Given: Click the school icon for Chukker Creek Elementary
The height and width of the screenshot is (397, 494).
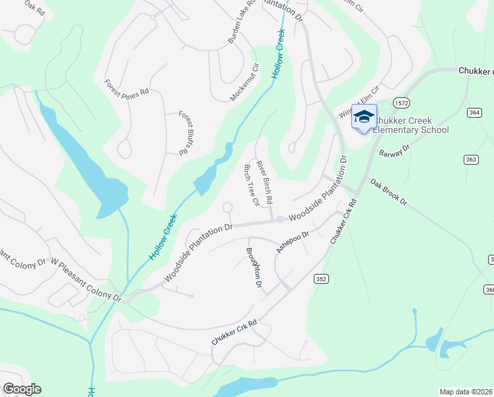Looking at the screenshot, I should [363, 117].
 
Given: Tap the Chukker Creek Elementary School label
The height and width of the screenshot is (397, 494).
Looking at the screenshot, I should [409, 125].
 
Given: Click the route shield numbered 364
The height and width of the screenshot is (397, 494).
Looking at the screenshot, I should [474, 113].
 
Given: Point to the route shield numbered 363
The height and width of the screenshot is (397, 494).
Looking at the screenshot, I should [471, 159].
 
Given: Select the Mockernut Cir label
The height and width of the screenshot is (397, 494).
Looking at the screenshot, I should [244, 82].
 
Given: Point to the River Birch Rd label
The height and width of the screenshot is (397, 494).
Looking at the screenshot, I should [265, 181].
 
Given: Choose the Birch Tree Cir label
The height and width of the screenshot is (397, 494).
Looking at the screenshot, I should [250, 185].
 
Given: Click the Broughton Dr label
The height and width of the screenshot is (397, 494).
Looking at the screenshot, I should [254, 267].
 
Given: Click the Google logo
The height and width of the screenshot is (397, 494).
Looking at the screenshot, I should [22, 389].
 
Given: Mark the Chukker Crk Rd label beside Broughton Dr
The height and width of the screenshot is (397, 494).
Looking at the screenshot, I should [234, 333].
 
